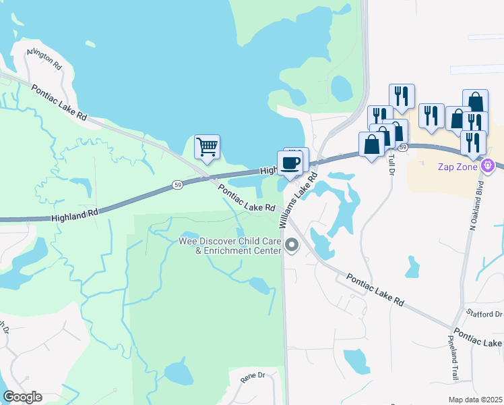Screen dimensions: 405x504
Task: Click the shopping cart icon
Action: [207, 146]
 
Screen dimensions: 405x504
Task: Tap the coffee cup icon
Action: [291, 163]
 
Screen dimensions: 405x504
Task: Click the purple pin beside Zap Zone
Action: [489, 165]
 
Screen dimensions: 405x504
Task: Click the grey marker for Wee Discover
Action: [292, 244]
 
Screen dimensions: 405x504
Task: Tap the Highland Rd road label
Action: [75, 213]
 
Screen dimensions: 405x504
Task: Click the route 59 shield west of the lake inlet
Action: [177, 184]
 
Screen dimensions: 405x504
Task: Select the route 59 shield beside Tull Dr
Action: [402, 146]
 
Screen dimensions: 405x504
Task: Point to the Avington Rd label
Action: [44, 59]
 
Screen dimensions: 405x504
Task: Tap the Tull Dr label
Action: [390, 163]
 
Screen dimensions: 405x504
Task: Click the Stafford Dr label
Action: [484, 313]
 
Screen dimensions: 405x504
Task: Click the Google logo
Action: [22, 397]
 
